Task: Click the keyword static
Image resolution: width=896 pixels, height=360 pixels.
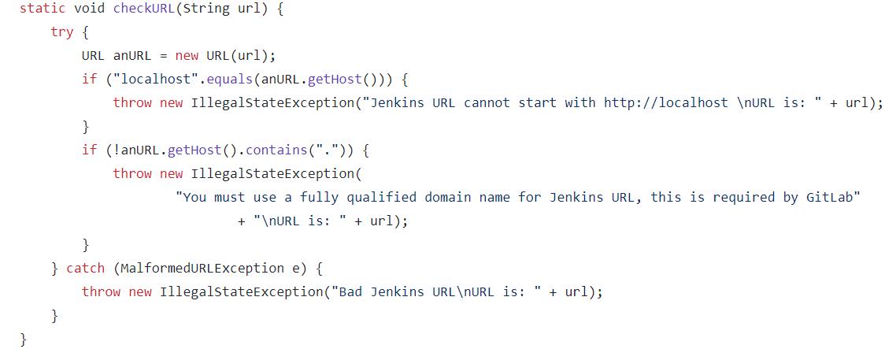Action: click(x=43, y=9)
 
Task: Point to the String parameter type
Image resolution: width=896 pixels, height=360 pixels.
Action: click(x=206, y=9)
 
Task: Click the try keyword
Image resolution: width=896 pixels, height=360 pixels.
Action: click(x=62, y=32)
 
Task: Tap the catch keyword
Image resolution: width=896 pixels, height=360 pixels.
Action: click(x=85, y=269)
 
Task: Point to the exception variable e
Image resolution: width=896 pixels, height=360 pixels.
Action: click(x=296, y=269)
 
